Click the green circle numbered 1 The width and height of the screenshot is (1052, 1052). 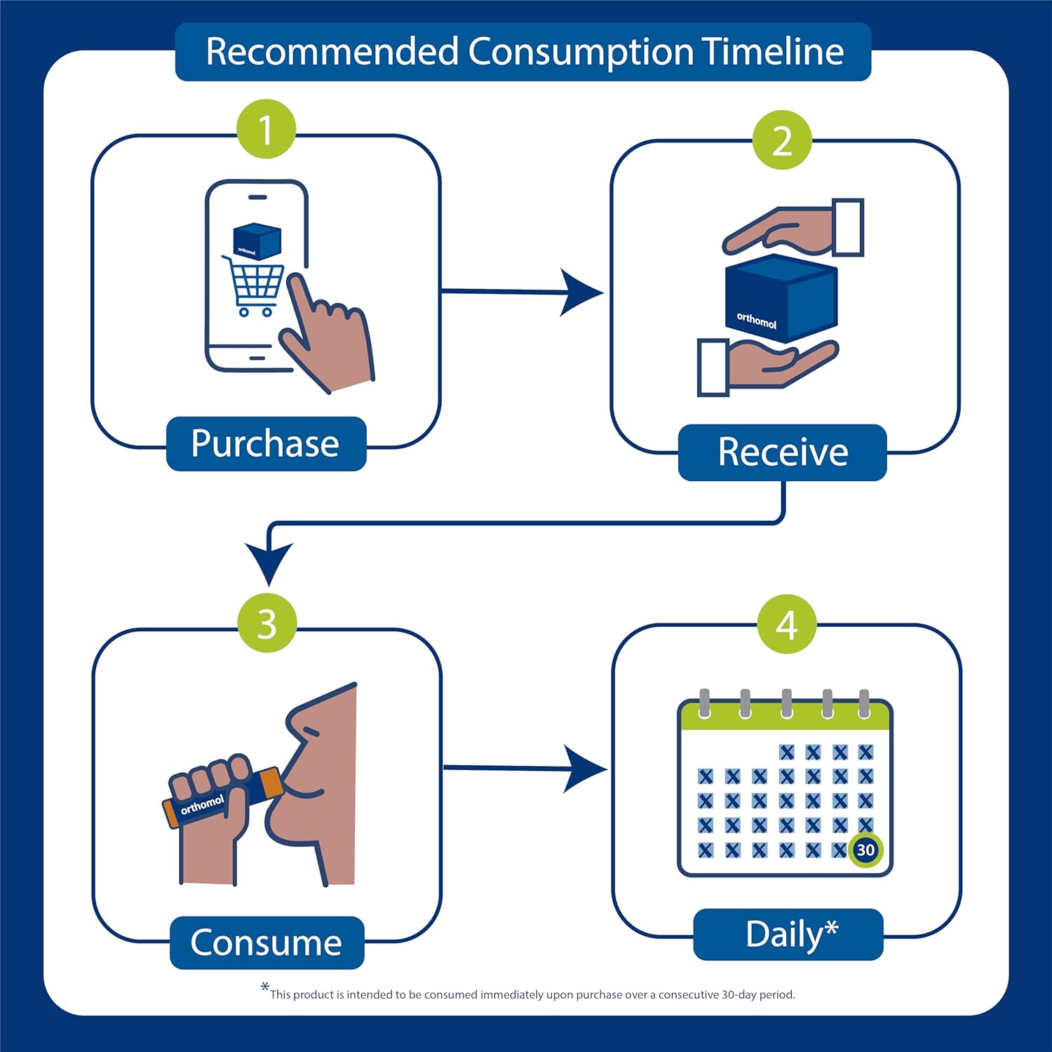click(266, 129)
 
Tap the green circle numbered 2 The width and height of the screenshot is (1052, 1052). click(782, 140)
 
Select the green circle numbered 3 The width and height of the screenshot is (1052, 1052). click(267, 623)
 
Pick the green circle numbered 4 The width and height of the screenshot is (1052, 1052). click(787, 624)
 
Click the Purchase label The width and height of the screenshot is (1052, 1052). click(266, 444)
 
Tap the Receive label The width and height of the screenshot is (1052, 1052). click(783, 452)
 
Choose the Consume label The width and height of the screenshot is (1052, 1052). click(267, 943)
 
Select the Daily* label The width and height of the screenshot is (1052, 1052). click(788, 934)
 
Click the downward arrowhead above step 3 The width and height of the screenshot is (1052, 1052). click(269, 562)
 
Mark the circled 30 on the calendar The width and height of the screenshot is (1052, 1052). click(865, 850)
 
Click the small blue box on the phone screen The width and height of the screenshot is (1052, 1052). click(256, 241)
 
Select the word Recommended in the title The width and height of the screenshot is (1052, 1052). click(332, 51)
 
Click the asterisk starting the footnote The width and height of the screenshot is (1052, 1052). click(265, 987)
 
